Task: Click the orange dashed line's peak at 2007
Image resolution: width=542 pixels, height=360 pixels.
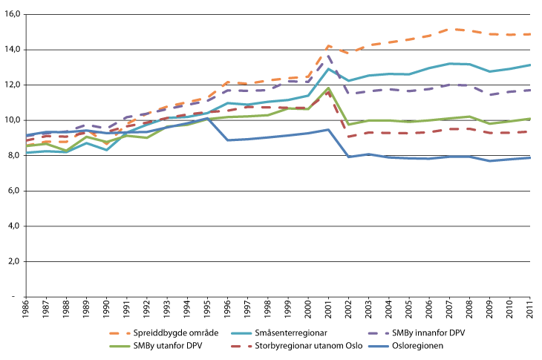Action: click(x=448, y=29)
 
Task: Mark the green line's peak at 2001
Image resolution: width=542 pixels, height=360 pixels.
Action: click(x=328, y=88)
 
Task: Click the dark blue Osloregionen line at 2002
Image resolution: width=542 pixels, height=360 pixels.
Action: click(x=348, y=157)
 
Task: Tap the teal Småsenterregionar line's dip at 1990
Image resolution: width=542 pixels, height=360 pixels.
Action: click(x=108, y=150)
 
